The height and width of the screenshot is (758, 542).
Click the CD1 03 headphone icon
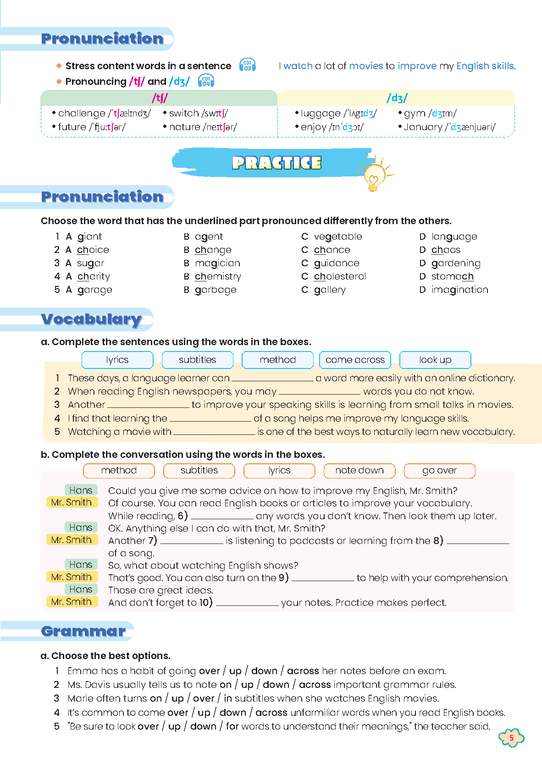point(248,66)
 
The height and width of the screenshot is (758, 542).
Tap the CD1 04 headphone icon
point(206,81)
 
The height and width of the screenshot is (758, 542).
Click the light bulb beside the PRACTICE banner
point(374,176)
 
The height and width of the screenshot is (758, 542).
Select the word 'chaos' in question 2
point(446,250)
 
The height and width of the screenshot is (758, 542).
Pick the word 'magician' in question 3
point(217,263)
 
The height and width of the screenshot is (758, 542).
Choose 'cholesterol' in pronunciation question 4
point(340,276)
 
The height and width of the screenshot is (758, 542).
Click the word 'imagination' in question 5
point(459,290)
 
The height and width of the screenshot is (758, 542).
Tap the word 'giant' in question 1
point(89,236)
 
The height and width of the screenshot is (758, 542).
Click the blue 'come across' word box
point(355,360)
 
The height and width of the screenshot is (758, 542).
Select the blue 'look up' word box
point(435,360)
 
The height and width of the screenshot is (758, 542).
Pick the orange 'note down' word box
point(359,470)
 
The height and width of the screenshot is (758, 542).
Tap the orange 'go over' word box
point(439,470)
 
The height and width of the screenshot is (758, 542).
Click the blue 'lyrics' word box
point(117,360)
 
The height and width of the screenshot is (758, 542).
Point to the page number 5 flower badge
point(511,738)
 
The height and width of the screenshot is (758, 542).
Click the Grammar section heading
point(83,631)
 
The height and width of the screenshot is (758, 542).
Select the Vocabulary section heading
point(91,319)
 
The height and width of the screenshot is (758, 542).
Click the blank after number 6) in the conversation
point(222,517)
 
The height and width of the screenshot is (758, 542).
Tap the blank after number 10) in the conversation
point(247,604)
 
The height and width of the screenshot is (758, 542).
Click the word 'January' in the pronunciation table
point(423,127)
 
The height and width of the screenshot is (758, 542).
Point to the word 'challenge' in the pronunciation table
point(82,113)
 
